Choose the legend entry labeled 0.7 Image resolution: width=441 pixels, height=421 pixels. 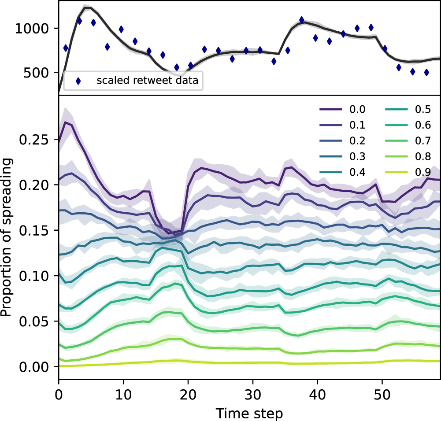click(411, 141)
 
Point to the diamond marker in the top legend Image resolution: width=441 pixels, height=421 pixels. click(78, 81)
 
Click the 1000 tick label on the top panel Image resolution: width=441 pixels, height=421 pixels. click(33, 29)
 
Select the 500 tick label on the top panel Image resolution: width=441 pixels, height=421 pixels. click(38, 73)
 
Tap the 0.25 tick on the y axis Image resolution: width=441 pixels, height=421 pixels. click(38, 140)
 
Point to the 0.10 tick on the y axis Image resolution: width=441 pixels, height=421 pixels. click(38, 276)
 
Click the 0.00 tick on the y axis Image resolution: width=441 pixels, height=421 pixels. click(38, 367)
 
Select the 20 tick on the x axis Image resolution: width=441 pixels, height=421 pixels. click(188, 391)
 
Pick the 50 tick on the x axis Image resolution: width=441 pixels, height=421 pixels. click(382, 391)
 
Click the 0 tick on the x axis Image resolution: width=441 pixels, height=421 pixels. click(59, 391)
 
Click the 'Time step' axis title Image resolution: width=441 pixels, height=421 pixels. click(249, 412)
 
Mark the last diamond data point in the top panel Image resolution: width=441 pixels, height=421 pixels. click(426, 72)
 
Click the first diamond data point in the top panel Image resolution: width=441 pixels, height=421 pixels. click(66, 48)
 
